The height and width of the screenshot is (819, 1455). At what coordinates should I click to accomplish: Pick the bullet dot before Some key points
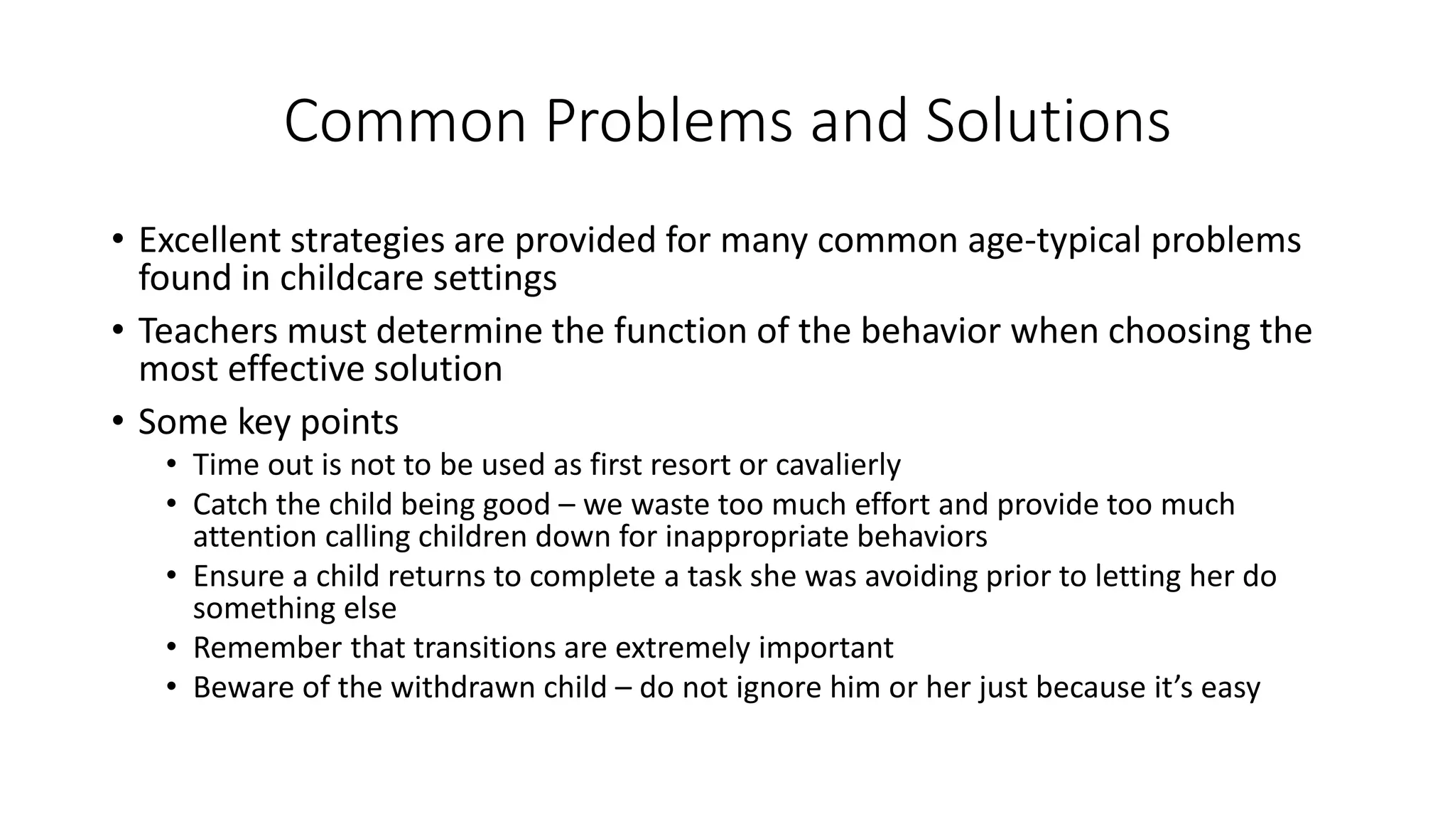pos(117,421)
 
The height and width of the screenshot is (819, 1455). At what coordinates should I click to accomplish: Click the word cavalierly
pos(838,465)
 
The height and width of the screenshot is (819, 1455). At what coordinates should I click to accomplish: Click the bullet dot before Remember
pos(171,648)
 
